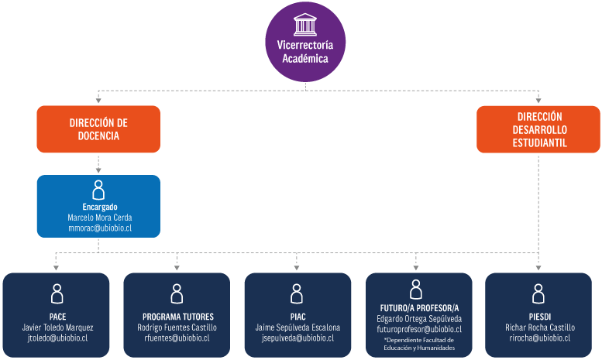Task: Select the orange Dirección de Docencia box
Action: (x=98, y=129)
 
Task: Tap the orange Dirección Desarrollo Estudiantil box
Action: (x=538, y=129)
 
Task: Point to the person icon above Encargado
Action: (x=98, y=190)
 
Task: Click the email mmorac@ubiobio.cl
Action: (x=99, y=228)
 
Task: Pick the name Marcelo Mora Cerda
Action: (x=99, y=218)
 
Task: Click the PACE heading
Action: (x=57, y=317)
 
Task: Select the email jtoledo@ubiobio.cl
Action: (x=57, y=338)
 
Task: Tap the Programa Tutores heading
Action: (x=178, y=317)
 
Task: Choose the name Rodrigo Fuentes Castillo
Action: (x=177, y=327)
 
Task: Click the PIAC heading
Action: (x=297, y=317)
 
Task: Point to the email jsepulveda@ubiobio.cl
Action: (x=298, y=338)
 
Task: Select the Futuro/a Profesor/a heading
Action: (x=419, y=307)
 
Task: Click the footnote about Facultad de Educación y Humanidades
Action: (x=419, y=345)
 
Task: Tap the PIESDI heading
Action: (x=540, y=317)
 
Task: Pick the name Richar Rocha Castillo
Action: (x=540, y=327)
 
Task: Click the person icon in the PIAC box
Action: (x=297, y=293)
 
